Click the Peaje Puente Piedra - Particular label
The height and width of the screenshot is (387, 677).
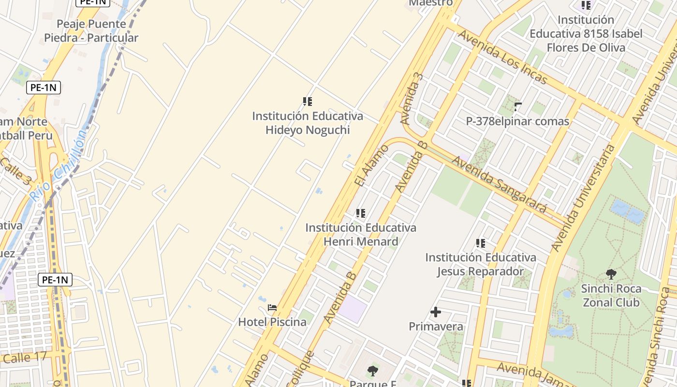91,31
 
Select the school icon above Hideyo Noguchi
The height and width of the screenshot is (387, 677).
308,102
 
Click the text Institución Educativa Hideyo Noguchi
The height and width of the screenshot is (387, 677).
308,123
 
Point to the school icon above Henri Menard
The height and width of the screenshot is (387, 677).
360,213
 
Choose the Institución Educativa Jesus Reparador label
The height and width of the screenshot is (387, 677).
481,264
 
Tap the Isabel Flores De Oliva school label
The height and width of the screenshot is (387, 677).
586,34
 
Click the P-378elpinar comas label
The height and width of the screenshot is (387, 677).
517,121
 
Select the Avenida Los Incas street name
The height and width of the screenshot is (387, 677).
502,57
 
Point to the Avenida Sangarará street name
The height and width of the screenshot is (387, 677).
499,184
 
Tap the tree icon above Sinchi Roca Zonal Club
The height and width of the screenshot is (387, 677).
611,274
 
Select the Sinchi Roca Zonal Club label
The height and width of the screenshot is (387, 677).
611,296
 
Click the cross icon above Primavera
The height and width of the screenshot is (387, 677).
436,312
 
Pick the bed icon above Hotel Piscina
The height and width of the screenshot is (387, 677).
272,308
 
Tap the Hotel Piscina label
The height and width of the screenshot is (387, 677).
272,322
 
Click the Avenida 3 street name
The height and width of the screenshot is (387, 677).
412,98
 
